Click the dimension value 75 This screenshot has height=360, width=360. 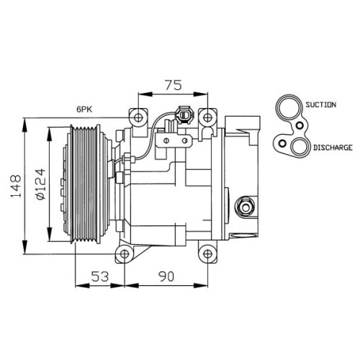coord(174,85)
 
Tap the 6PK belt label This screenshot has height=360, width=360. coord(84,109)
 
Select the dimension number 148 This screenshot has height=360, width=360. coord(16,186)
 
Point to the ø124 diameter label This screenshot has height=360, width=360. coord(40,184)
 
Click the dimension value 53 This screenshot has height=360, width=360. coord(100,276)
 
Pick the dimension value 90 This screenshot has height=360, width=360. coord(166,276)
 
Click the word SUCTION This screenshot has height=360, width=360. coord(320,104)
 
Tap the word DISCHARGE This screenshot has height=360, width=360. coord(333,148)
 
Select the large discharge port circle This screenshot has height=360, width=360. coord(300,147)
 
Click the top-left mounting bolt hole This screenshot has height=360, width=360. coord(138,117)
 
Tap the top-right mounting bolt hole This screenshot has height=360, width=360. coord(207,117)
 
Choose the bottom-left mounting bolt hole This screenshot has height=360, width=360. coord(125,253)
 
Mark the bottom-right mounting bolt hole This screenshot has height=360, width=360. coord(207,253)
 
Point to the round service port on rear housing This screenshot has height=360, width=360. coord(246,207)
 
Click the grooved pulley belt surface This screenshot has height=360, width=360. coord(85,184)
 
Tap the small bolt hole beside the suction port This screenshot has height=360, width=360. coord(300,125)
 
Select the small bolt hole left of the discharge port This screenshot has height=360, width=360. coord(282,143)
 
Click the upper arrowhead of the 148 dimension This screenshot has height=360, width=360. coord(24,125)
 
